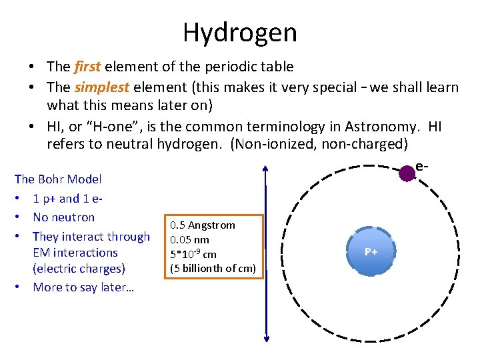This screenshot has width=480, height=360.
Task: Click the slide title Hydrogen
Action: pyautogui.click(x=239, y=32)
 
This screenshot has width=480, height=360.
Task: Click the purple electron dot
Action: pyautogui.click(x=407, y=173)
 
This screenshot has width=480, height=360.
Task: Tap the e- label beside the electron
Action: pyautogui.click(x=421, y=166)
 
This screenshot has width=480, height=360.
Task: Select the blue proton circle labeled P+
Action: pyautogui.click(x=371, y=251)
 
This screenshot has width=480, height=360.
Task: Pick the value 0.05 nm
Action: pyautogui.click(x=190, y=240)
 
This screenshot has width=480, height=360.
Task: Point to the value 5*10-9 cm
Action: pyautogui.click(x=193, y=254)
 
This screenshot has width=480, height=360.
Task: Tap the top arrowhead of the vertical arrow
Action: pyautogui.click(x=266, y=170)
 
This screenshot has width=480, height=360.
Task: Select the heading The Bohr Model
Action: pyautogui.click(x=58, y=179)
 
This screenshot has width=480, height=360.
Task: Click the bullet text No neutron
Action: pyautogui.click(x=63, y=217)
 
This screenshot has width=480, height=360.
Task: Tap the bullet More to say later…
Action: pyautogui.click(x=83, y=287)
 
